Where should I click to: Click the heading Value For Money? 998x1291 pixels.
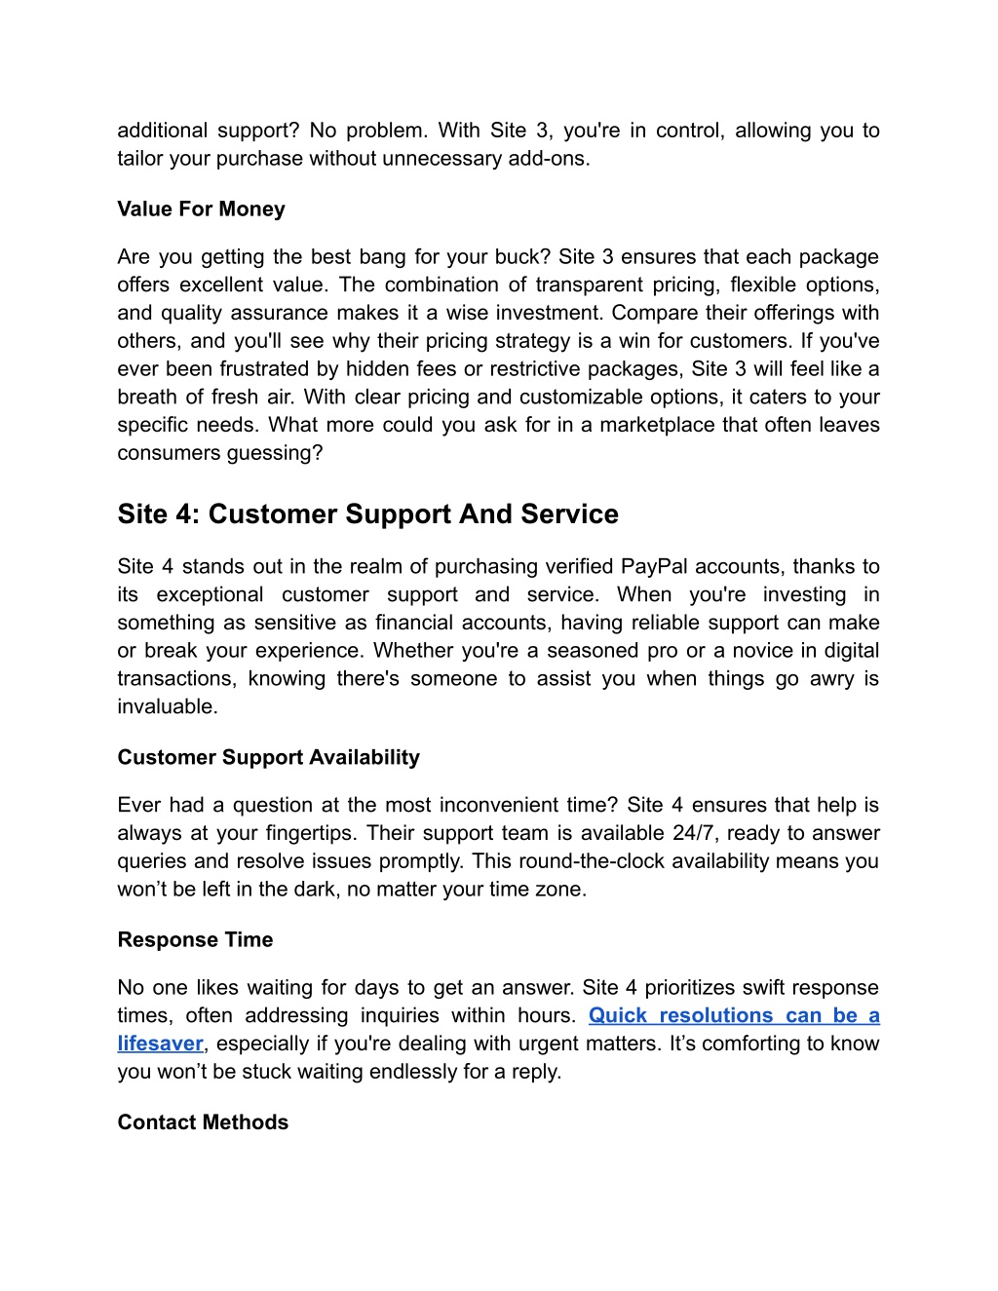pos(201,209)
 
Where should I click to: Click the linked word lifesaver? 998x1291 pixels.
pos(160,1044)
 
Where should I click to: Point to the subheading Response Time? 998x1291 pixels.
pos(195,940)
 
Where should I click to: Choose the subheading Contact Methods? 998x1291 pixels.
pos(203,1122)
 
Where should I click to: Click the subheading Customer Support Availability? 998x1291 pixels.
pos(268,758)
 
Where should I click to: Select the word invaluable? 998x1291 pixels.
pos(166,707)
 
